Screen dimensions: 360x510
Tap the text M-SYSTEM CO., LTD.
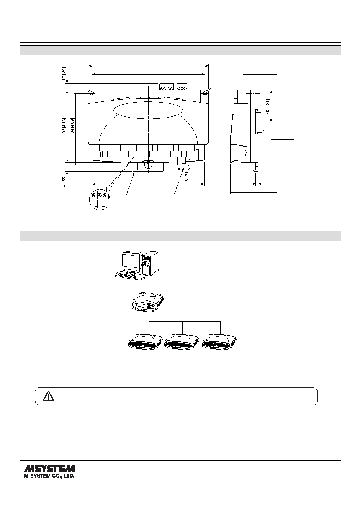tap(49, 476)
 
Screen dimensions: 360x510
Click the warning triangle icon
tap(48, 396)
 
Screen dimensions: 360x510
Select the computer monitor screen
tap(130, 261)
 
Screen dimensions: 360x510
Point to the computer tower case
tap(151, 263)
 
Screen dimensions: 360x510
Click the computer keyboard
tap(128, 275)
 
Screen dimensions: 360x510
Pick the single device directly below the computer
tap(148, 302)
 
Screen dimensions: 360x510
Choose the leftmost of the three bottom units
tap(145, 342)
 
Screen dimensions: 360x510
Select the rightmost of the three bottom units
tap(220, 342)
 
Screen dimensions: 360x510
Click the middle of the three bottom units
tap(182, 342)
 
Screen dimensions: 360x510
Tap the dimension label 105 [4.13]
tap(64, 126)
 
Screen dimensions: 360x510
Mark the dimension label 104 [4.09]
tap(72, 126)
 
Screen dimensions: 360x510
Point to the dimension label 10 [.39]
tap(64, 73)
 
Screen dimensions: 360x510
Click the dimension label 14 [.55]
tap(64, 182)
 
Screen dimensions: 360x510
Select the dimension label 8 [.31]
tap(187, 176)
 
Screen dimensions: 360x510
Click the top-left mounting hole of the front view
tap(92, 93)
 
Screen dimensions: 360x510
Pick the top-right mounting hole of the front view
tap(205, 93)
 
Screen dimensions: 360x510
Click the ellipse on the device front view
tap(148, 110)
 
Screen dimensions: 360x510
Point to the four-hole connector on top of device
tap(167, 87)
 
